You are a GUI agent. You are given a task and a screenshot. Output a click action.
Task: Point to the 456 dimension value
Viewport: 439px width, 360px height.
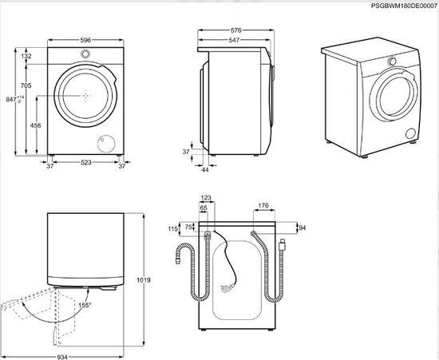[x=36, y=125]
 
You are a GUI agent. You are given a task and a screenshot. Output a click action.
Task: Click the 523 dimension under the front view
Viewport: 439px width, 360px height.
[x=85, y=164]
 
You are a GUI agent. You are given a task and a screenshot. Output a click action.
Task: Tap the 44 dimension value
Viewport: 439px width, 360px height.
[x=205, y=170]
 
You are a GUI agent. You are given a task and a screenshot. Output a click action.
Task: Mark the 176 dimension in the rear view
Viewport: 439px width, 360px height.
[x=263, y=205]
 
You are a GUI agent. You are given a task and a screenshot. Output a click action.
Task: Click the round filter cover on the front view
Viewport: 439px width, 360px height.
[x=105, y=144]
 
